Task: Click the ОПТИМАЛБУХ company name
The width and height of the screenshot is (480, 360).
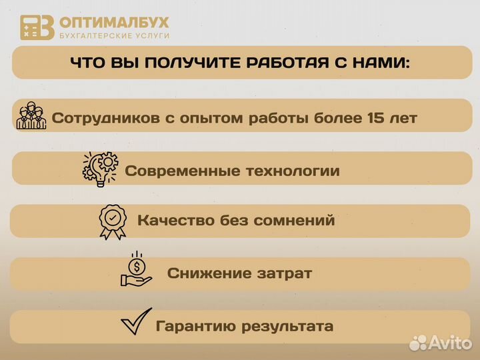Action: coord(114,22)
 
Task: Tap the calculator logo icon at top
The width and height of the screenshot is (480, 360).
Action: coord(37,27)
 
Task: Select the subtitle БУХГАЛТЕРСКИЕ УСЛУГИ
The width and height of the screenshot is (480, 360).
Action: coord(114,35)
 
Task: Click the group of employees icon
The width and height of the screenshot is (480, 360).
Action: coord(31,116)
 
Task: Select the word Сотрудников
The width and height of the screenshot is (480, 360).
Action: coord(105,119)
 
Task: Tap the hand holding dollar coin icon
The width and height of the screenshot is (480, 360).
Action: coord(136,269)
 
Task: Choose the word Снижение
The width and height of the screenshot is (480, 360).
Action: coord(199,273)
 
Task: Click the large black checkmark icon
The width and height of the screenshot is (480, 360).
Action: coord(135,324)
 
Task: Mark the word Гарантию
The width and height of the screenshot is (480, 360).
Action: coord(192,327)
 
